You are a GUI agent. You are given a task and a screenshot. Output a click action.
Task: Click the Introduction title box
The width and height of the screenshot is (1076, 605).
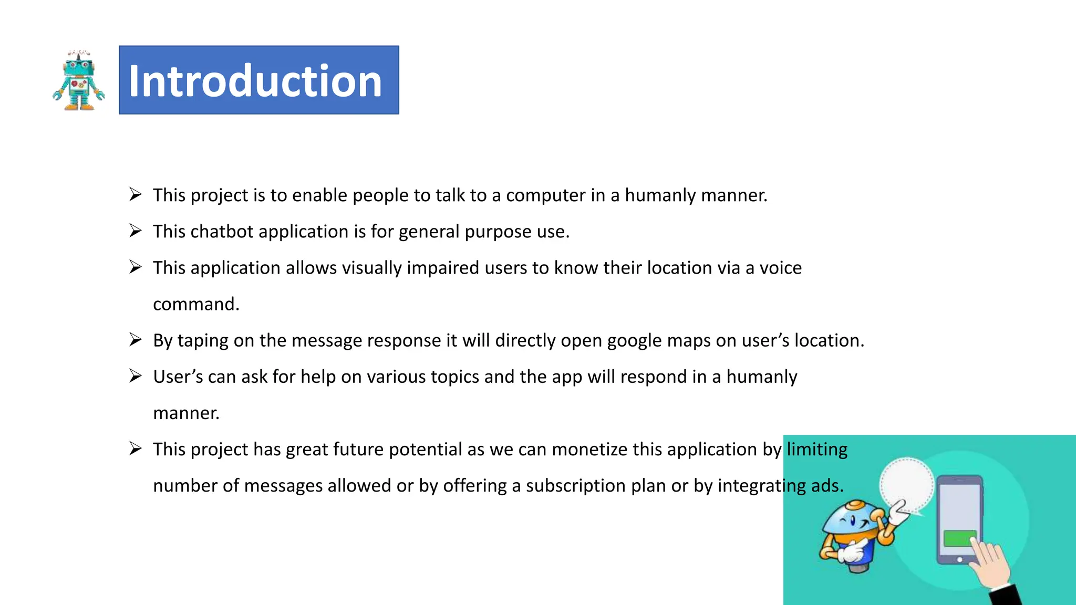tap(258, 80)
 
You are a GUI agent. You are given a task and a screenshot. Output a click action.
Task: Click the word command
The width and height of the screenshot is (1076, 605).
tap(196, 304)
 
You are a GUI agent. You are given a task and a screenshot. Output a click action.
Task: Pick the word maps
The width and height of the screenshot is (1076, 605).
tap(689, 341)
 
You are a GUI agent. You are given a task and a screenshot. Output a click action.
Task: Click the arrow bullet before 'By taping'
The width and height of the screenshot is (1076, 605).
tap(136, 340)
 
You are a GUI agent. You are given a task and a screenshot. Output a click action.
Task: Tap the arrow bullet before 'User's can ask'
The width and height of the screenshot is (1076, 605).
tap(136, 376)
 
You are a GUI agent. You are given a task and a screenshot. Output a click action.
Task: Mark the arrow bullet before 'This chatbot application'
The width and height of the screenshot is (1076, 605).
tap(136, 231)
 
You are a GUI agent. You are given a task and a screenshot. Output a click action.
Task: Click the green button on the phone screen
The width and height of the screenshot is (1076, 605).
tap(959, 538)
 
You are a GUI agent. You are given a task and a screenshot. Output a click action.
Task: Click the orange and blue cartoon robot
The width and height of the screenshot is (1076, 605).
tap(856, 536)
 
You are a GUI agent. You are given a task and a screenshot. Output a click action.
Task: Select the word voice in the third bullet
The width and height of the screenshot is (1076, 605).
tap(781, 268)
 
